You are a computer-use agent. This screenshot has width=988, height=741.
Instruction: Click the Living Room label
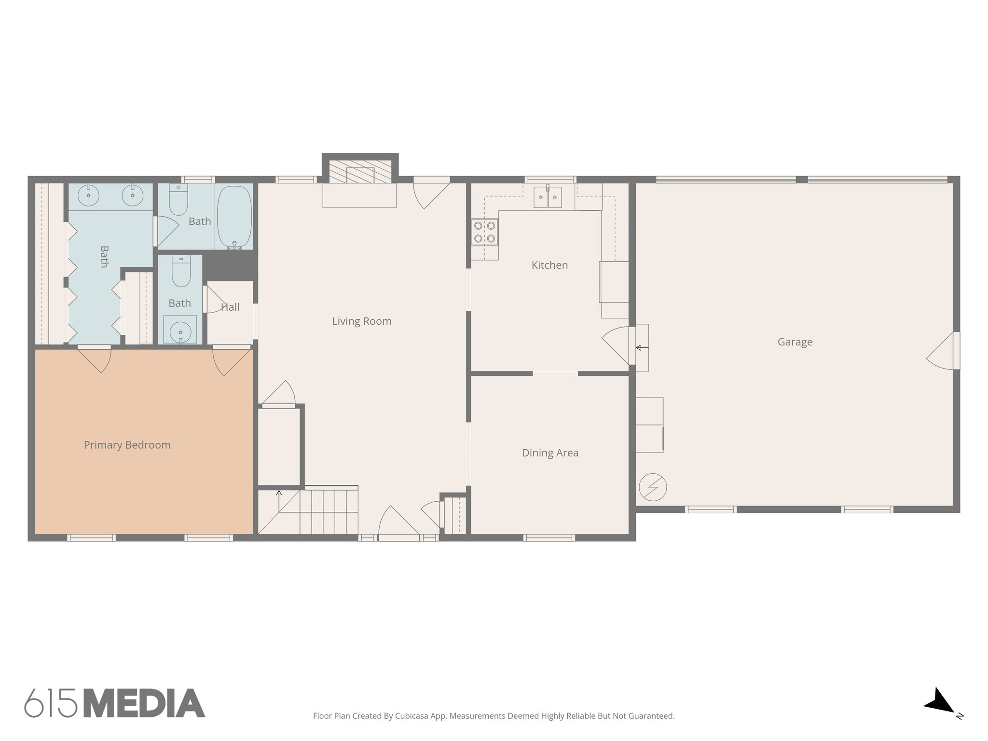click(361, 321)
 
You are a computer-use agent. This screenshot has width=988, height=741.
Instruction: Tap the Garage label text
click(795, 342)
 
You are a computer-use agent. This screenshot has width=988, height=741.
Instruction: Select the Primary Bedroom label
click(127, 445)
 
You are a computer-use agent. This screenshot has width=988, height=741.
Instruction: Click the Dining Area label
click(550, 453)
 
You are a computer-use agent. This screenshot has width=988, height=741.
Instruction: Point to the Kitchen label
click(549, 265)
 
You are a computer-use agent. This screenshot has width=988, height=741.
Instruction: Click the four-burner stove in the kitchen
click(484, 232)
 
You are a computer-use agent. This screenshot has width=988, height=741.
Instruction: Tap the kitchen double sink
click(547, 197)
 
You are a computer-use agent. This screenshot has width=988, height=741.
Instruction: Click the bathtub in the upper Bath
click(234, 217)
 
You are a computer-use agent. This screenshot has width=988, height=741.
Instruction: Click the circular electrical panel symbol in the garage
click(653, 487)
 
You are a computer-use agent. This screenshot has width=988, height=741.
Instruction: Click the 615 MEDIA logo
click(114, 703)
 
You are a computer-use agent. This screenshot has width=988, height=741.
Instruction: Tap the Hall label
click(230, 307)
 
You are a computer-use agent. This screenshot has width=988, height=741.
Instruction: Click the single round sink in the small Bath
click(180, 332)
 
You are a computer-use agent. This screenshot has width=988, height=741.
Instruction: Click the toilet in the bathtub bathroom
click(178, 201)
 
